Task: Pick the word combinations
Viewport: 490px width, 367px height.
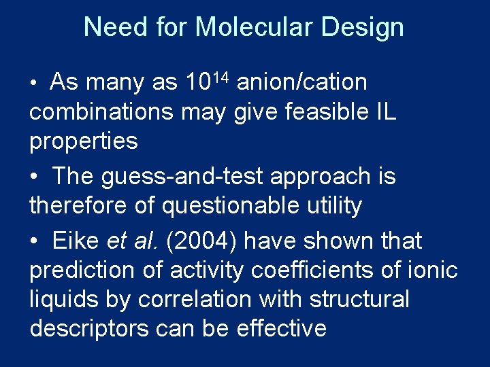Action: [101, 112]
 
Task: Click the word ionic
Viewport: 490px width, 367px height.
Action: [433, 270]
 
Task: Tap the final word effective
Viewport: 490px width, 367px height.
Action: [282, 328]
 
